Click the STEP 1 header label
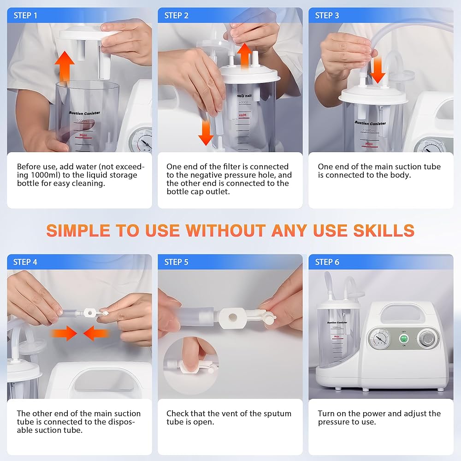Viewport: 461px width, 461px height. click(x=25, y=16)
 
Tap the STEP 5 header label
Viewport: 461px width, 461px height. click(x=176, y=262)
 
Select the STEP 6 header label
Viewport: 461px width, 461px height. click(x=327, y=262)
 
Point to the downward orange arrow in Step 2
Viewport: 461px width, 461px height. click(x=206, y=133)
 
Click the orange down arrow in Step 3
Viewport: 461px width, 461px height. click(x=378, y=70)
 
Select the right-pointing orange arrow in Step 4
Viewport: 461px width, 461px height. click(x=64, y=333)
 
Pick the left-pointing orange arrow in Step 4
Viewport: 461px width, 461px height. click(x=96, y=333)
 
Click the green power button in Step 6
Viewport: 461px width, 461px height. click(x=404, y=338)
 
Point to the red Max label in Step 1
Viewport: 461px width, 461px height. click(x=83, y=135)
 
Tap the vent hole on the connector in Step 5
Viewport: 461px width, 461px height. click(x=232, y=317)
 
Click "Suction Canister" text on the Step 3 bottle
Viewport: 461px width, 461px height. click(x=370, y=123)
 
